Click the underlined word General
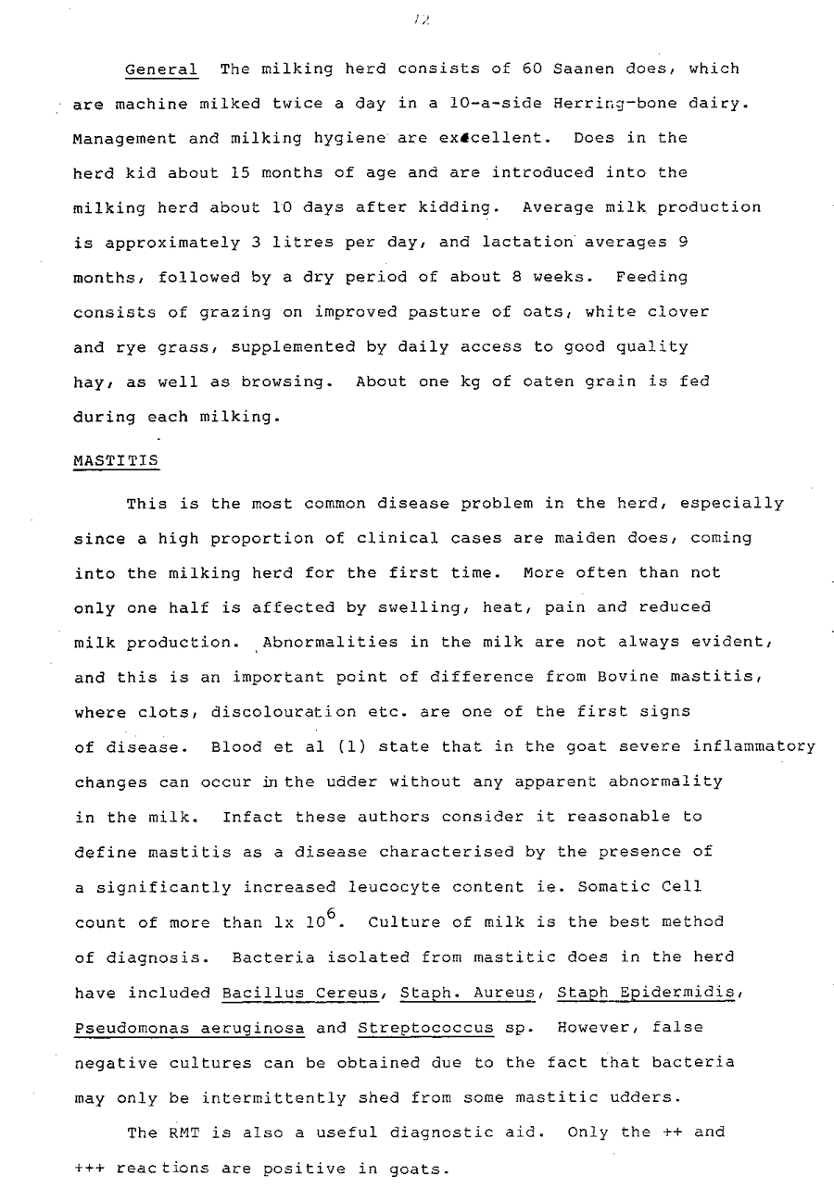[161, 69]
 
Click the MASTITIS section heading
[116, 460]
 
